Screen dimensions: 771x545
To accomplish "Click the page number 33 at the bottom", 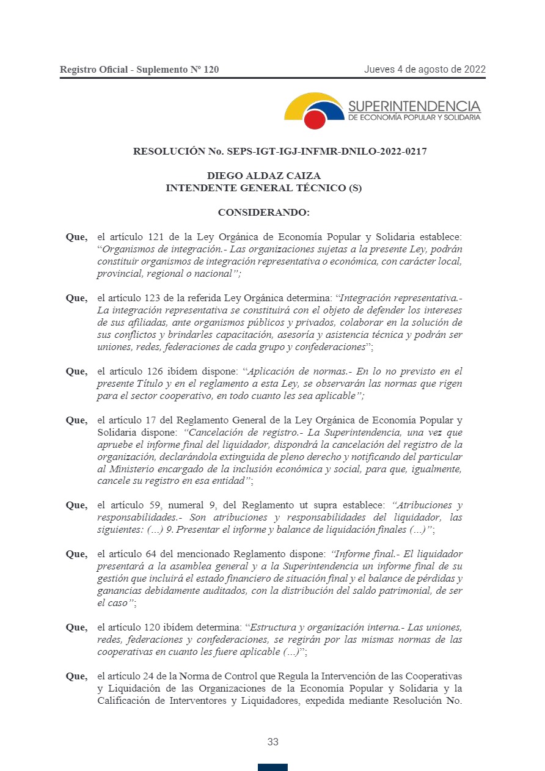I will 272,742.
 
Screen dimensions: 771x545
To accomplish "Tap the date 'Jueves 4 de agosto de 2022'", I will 425,69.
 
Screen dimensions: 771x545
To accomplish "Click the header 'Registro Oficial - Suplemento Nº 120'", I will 139,70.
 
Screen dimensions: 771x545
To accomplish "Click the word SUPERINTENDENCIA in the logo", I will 414,106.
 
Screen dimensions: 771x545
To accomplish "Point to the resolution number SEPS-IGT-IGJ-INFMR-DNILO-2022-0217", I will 327,151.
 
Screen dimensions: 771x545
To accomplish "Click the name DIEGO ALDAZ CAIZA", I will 263,176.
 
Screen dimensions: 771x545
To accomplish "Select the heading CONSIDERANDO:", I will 263,213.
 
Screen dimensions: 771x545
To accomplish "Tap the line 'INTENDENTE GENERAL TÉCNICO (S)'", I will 263,188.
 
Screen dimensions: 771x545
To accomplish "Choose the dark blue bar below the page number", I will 272,767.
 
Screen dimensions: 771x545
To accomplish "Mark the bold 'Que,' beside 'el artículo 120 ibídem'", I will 76,627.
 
